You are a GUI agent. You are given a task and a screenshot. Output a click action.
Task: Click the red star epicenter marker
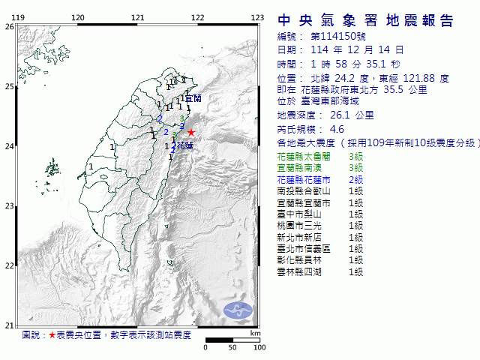click(x=190, y=133)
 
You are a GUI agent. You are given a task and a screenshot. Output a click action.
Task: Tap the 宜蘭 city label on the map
click(x=193, y=98)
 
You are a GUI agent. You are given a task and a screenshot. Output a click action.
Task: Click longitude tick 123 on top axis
click(x=256, y=17)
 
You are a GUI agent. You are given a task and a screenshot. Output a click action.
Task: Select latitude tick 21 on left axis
click(x=10, y=325)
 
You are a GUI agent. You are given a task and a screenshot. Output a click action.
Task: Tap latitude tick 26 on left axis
click(x=10, y=26)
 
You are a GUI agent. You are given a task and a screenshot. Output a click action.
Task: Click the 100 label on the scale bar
click(x=259, y=347)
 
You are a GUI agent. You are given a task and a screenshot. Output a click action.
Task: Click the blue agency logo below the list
click(x=239, y=309)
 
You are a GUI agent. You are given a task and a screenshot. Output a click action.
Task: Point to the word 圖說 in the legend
click(x=31, y=334)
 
